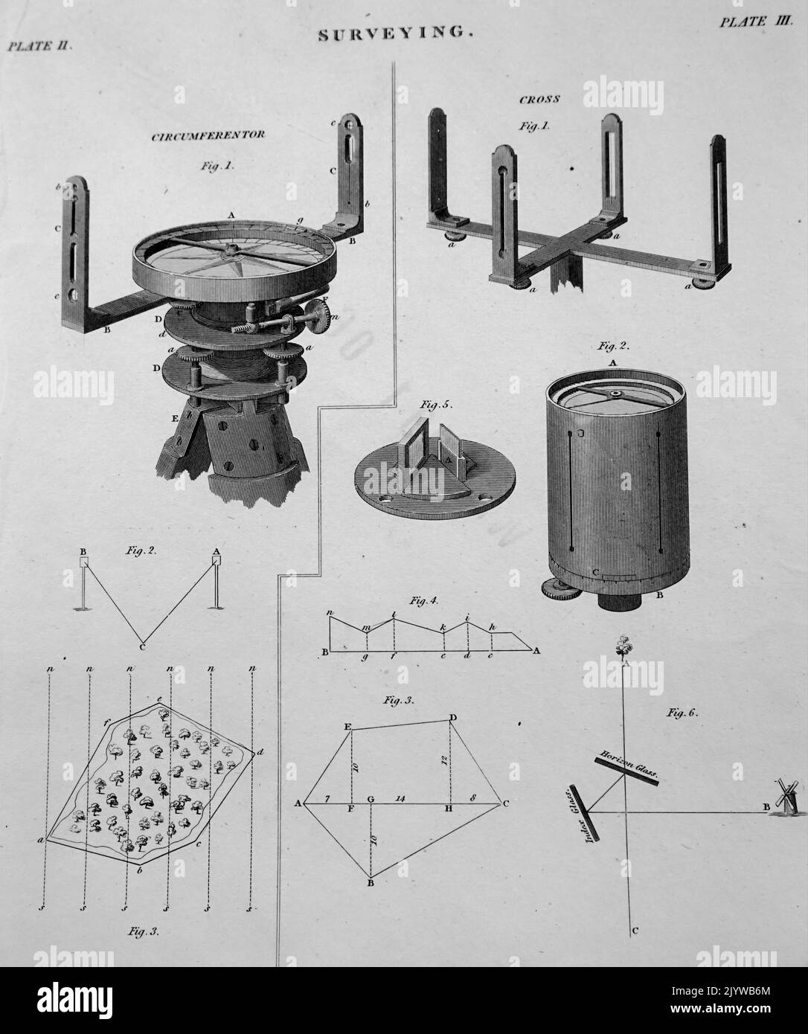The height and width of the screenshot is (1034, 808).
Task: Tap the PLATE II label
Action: coord(38,46)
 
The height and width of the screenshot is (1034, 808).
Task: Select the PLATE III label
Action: coord(753,22)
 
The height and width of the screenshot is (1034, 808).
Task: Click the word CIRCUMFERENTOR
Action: coord(208,136)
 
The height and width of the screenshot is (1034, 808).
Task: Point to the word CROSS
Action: coord(539,99)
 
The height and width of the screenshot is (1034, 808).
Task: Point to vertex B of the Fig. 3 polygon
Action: coord(370,883)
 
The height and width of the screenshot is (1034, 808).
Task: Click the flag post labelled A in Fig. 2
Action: coord(216,580)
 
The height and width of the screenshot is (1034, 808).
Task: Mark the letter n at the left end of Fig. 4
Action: coord(329,612)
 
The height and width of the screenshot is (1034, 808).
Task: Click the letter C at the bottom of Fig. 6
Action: coord(633,931)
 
